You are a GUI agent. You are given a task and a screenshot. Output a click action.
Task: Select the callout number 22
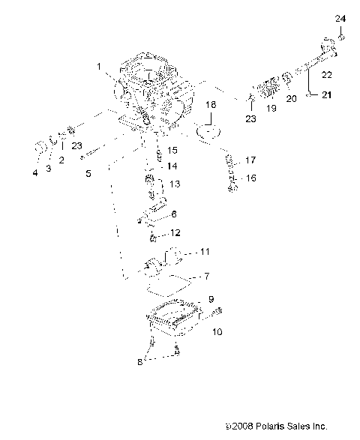click(x=326, y=74)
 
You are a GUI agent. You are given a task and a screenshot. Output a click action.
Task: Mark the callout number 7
click(x=208, y=277)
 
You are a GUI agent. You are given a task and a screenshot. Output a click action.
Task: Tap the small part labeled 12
click(x=153, y=238)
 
